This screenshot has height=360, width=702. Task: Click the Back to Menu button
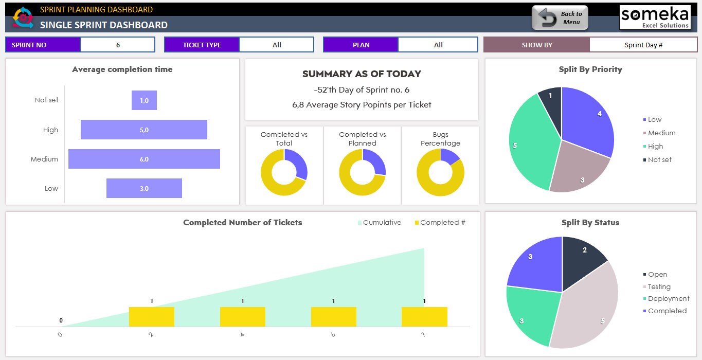tap(560, 18)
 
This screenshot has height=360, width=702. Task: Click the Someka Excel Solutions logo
tap(655, 17)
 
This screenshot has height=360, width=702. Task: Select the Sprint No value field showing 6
tap(117, 45)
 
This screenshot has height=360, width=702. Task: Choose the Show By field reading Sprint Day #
tap(643, 45)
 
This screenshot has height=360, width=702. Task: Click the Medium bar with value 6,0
tap(144, 159)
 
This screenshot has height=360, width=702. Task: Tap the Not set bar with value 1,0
tap(144, 100)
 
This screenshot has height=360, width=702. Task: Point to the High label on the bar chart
tap(50, 130)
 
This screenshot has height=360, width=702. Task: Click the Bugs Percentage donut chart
tap(440, 172)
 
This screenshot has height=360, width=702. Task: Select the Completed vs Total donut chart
tap(284, 172)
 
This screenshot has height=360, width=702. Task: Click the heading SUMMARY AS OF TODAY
tap(362, 74)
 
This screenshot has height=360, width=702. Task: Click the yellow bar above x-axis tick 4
tap(242, 316)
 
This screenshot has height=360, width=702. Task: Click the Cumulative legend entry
tap(379, 223)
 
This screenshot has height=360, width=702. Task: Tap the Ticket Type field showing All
tap(277, 45)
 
